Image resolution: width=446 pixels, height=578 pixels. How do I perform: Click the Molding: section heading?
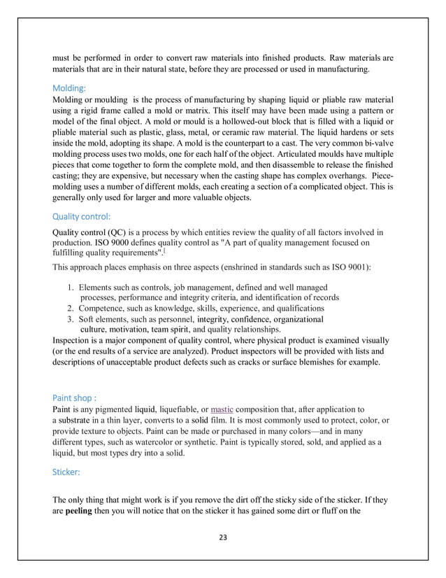(x=69, y=89)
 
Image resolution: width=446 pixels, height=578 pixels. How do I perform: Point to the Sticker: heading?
(x=66, y=472)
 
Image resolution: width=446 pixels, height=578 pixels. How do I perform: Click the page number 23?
(x=223, y=537)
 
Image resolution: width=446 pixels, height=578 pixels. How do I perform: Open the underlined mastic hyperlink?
(x=222, y=409)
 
